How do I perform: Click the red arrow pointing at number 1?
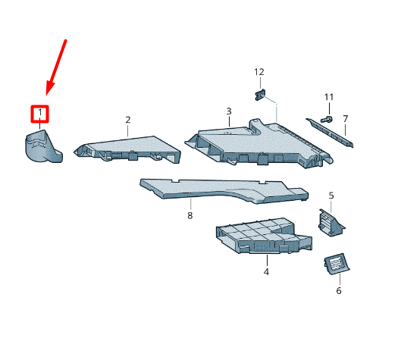[x=56, y=67]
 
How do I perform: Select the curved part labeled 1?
[x=42, y=146]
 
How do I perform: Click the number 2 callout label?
[x=128, y=120]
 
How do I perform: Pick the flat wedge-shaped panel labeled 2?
[x=128, y=149]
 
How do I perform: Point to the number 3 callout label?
[x=229, y=111]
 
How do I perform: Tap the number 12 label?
[x=259, y=72]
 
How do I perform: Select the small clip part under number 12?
[x=260, y=95]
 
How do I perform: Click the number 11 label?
[x=329, y=97]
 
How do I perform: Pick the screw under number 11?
[x=327, y=119]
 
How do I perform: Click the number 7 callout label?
[x=345, y=119]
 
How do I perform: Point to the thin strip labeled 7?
[x=330, y=133]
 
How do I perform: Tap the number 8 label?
[x=190, y=215]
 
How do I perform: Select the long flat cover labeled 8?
[x=224, y=191]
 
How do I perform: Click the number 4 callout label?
[x=266, y=272]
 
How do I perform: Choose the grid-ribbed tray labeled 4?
[x=264, y=236]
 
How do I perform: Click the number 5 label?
[x=331, y=196]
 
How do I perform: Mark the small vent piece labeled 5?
[x=331, y=223]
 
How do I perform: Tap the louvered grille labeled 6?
[x=337, y=265]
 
